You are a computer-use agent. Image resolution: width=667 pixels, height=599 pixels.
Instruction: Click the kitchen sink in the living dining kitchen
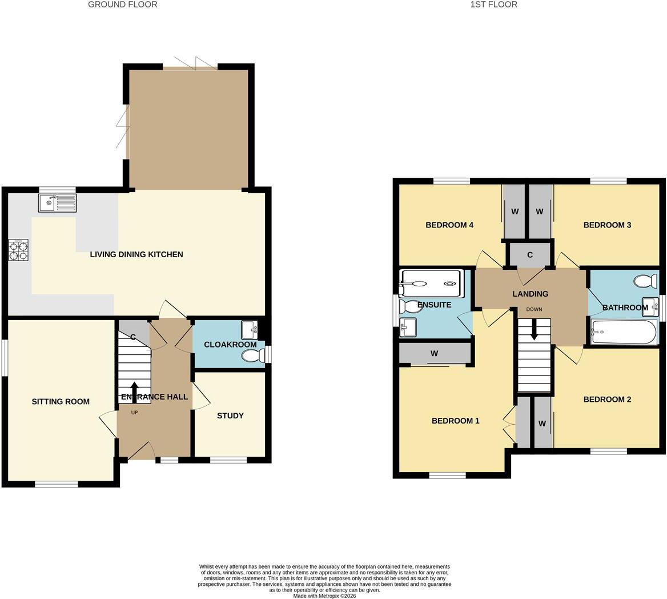click(57, 203)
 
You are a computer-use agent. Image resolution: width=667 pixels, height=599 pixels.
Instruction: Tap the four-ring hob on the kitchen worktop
click(18, 250)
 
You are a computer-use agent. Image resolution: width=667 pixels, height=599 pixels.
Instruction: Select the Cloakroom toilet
click(252, 356)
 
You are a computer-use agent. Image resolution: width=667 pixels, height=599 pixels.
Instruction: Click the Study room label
click(230, 416)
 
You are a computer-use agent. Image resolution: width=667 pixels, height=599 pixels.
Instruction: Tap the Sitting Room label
click(61, 401)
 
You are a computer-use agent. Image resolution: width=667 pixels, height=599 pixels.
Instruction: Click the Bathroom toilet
click(645, 281)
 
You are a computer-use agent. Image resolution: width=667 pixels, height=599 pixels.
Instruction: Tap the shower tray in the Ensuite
click(431, 283)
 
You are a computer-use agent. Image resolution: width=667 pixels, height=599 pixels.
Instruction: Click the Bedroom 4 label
click(449, 225)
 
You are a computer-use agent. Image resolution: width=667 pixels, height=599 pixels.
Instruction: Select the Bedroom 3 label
click(607, 225)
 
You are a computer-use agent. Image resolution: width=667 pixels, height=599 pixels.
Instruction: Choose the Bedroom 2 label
click(607, 400)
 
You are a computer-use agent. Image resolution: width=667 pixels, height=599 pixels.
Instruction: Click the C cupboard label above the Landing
click(530, 255)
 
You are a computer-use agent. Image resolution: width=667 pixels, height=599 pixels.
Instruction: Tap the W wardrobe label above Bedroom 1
click(435, 353)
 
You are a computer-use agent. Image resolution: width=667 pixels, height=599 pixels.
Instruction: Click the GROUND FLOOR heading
click(123, 5)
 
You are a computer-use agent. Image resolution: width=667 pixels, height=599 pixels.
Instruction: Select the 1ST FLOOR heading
click(494, 5)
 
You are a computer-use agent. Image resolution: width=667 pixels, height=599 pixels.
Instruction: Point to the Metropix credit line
click(324, 596)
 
